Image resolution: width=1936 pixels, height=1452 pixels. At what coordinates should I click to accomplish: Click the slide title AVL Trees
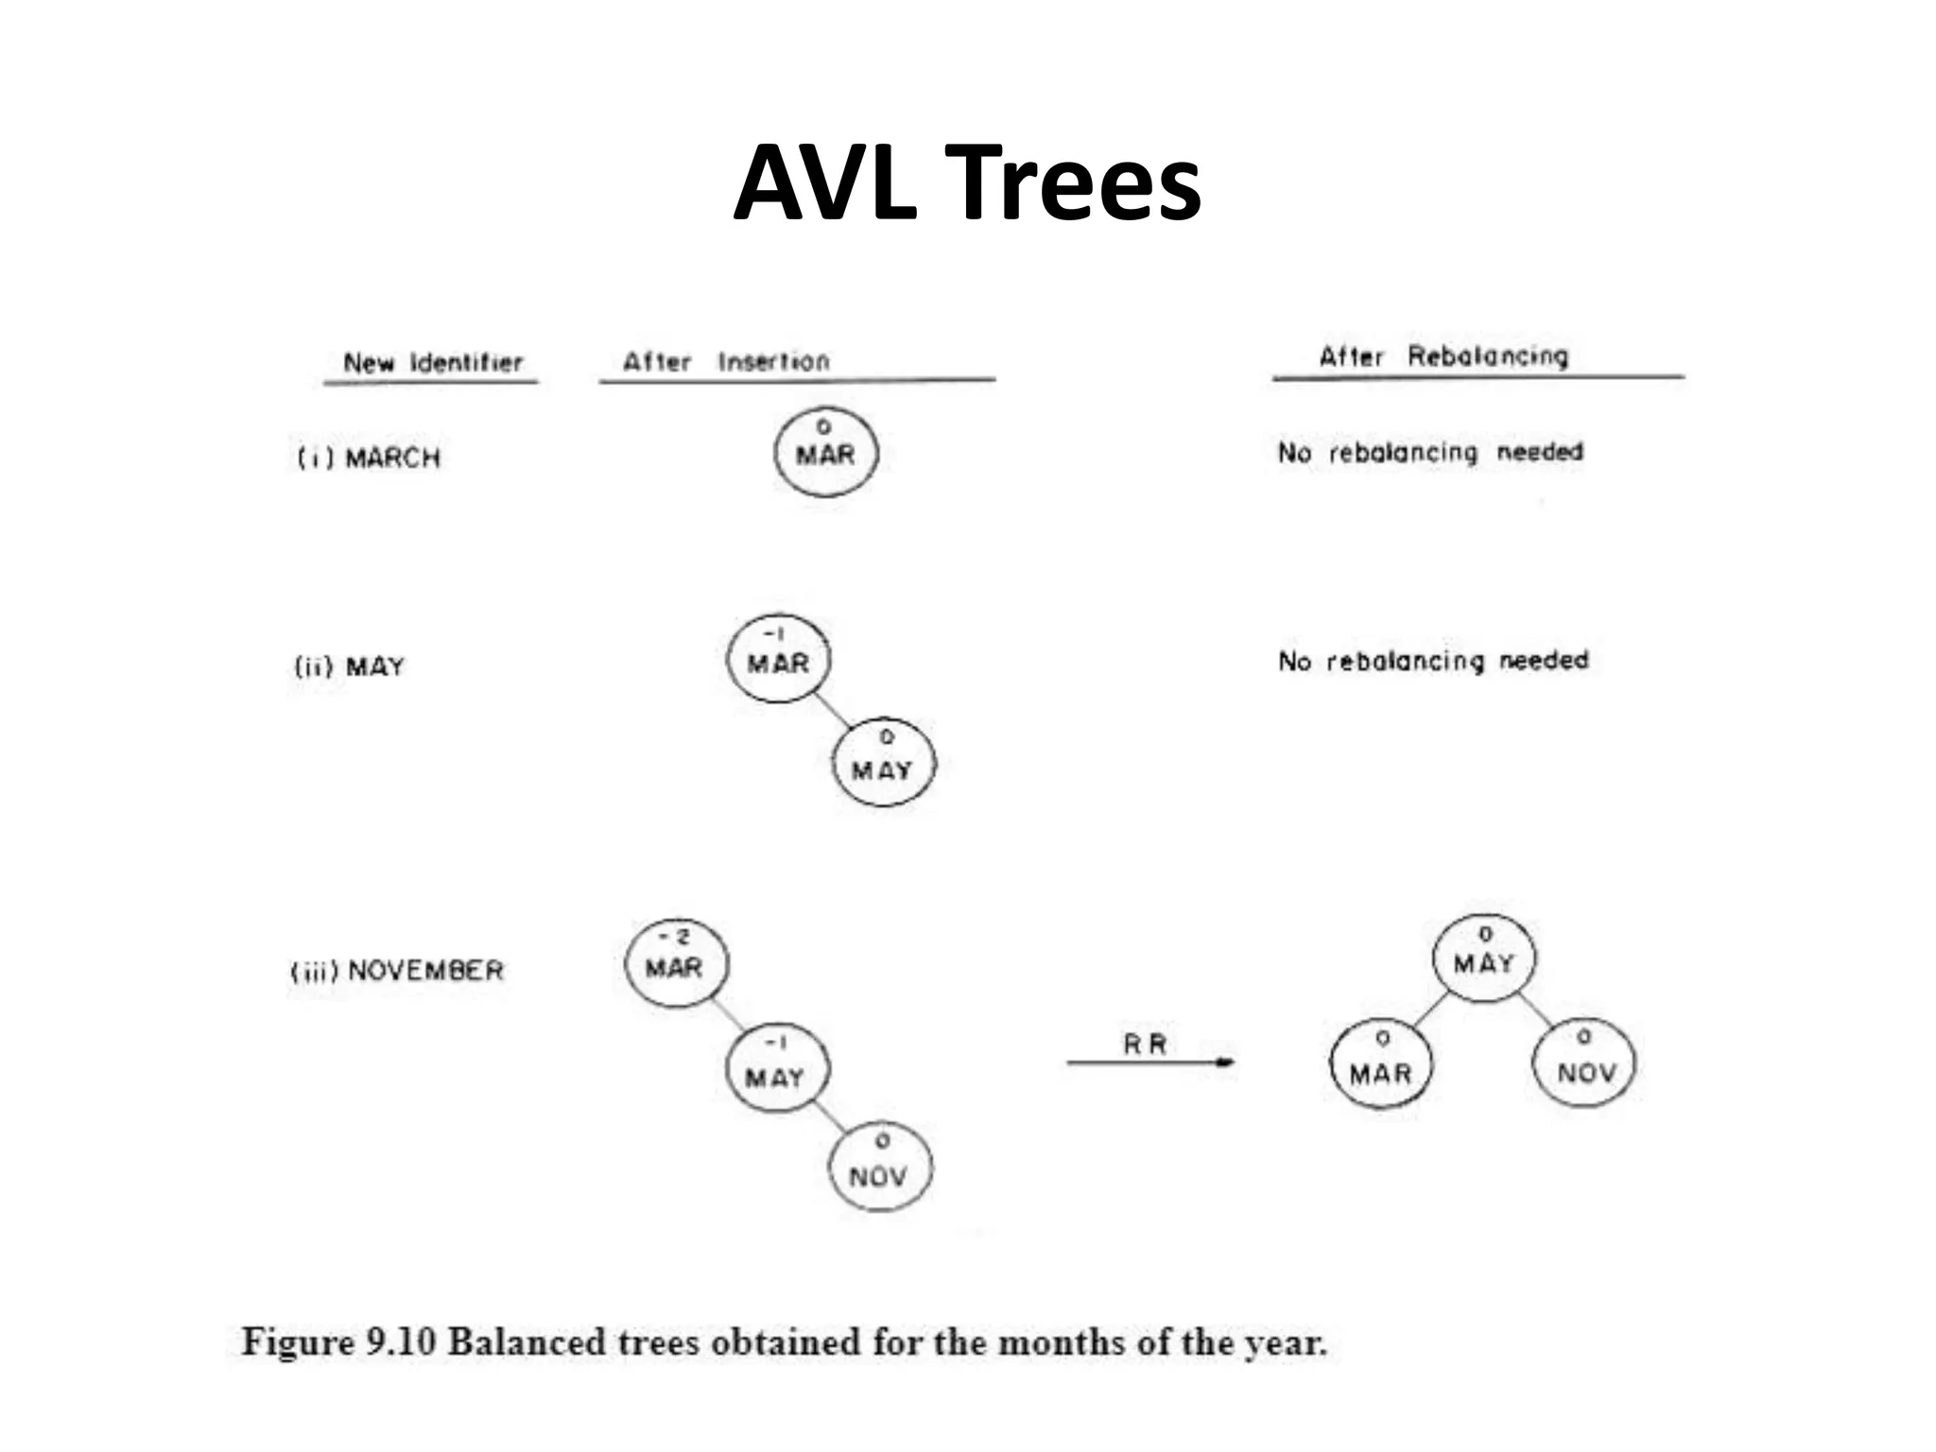966,182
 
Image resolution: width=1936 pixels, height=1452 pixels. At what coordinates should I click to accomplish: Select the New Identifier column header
432,363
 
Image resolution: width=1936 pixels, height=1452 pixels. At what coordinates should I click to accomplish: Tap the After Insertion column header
725,361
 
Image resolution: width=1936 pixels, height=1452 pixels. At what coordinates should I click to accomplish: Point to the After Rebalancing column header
1443,356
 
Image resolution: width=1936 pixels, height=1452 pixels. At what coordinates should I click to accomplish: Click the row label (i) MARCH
369,458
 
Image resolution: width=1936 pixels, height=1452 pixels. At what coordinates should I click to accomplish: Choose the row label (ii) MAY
349,667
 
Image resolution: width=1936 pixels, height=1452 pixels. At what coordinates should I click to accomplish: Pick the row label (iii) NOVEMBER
397,971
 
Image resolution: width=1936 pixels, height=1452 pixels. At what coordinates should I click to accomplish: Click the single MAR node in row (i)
825,452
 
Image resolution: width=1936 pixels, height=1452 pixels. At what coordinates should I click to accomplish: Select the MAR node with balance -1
778,659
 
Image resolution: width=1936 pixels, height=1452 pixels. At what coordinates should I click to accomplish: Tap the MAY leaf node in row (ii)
883,762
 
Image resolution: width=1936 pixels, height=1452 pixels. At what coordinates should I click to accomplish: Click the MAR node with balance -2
675,962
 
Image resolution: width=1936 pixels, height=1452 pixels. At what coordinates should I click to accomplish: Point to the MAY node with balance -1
776,1069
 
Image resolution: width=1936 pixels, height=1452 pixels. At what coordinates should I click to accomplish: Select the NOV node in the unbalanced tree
879,1168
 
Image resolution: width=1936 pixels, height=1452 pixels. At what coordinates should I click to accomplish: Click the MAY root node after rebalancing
1484,958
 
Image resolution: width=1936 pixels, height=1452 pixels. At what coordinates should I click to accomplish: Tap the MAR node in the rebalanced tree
1380,1064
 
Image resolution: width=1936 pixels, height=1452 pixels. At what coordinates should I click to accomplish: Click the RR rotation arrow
1149,1062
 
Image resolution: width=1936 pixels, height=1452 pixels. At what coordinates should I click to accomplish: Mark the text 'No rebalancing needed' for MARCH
1430,453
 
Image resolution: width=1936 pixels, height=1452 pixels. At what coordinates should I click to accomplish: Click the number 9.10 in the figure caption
401,1342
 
